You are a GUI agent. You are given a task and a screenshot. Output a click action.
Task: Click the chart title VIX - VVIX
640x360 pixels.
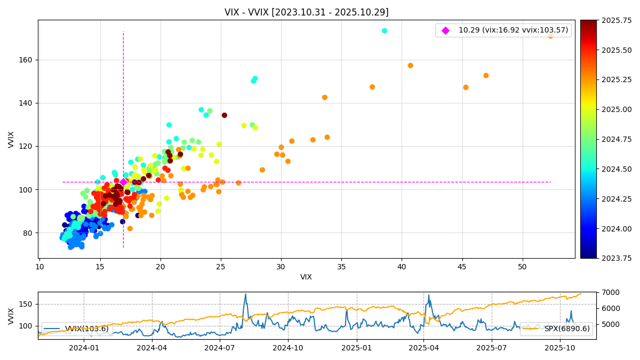tap(306, 12)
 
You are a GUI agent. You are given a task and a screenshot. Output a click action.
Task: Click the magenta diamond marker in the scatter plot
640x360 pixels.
tap(123, 182)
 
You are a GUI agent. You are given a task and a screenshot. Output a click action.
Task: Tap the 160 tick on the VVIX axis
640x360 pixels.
tap(27, 60)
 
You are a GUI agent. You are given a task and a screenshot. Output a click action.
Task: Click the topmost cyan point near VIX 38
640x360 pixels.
tap(385, 31)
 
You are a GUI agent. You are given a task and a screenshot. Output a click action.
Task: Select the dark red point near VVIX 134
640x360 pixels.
tap(225, 115)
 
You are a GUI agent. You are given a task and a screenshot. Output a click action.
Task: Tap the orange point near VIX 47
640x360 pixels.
tap(486, 76)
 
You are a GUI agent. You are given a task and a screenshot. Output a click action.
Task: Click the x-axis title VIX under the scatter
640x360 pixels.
tap(306, 277)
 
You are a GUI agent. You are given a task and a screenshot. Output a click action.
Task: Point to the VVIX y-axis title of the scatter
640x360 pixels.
tap(11, 139)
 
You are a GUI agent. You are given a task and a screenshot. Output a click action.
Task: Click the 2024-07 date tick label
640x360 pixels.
tap(220, 348)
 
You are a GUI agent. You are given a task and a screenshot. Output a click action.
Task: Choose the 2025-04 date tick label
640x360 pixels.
tap(423, 348)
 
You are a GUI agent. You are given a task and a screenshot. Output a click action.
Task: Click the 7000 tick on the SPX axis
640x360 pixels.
tap(607, 292)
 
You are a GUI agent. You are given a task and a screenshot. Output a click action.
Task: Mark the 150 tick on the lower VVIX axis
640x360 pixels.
tap(27, 304)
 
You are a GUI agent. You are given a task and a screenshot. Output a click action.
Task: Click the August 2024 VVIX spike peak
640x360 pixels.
tap(245, 294)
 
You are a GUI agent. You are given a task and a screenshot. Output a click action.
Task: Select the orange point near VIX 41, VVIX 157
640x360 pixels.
tap(410, 66)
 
